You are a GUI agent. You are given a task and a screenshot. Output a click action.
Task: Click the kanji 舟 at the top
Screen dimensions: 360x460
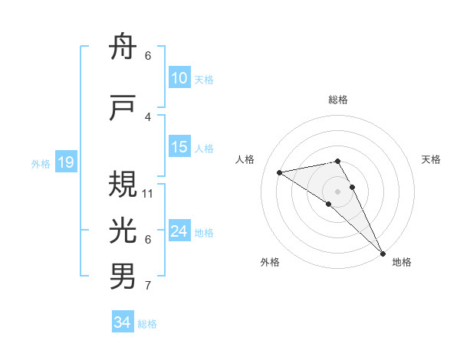[123, 47]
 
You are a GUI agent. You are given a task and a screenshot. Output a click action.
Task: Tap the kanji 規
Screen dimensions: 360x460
[123, 183]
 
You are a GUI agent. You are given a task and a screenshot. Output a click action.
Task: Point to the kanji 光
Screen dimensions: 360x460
[123, 231]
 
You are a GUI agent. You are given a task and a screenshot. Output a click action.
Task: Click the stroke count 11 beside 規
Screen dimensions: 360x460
[148, 193]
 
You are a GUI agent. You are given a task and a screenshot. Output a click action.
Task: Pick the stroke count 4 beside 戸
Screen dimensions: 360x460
[148, 117]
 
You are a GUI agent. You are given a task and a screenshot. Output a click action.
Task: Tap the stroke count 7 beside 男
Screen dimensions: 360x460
[148, 286]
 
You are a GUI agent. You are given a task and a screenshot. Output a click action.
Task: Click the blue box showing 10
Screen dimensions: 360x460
[179, 78]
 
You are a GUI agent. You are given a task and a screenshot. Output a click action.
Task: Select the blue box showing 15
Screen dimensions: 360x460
[179, 147]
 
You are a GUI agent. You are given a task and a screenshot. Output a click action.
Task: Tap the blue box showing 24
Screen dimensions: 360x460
[179, 231]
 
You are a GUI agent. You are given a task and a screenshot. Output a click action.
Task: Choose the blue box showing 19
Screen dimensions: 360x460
[65, 162]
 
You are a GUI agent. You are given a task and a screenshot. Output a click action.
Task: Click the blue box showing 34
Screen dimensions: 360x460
[123, 322]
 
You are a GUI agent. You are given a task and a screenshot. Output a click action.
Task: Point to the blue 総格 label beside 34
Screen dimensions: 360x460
[147, 324]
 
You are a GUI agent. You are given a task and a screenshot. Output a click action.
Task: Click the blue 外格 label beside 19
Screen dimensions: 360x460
[40, 163]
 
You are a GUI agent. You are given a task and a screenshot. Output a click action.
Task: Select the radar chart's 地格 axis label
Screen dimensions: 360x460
[402, 262]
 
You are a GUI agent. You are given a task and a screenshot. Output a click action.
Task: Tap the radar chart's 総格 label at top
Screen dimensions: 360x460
[338, 100]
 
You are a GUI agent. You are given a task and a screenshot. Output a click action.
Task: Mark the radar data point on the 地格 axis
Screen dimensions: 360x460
[382, 254]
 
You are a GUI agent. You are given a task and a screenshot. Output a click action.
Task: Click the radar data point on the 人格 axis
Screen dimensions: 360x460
[280, 172]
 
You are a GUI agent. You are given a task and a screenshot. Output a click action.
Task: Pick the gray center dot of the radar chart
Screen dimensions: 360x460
[337, 191]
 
